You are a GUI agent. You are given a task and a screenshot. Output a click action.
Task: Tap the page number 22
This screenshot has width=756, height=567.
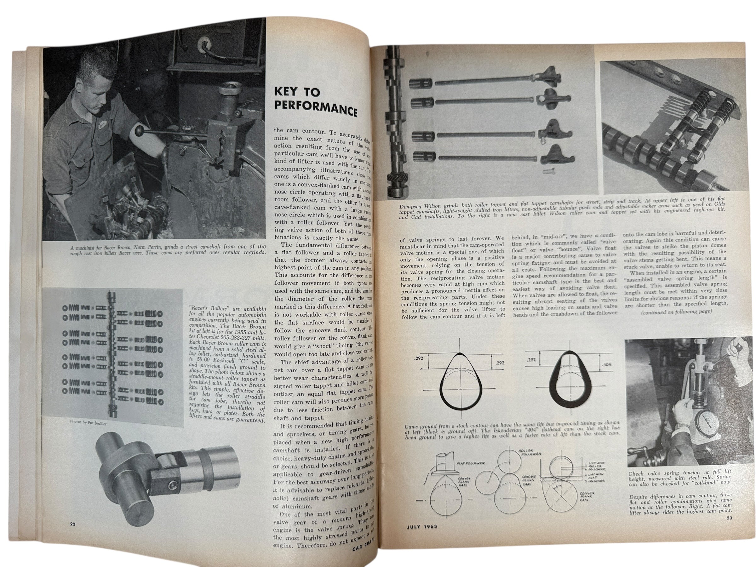72,524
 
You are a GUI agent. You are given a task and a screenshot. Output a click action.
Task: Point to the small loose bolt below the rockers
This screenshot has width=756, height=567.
547,169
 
